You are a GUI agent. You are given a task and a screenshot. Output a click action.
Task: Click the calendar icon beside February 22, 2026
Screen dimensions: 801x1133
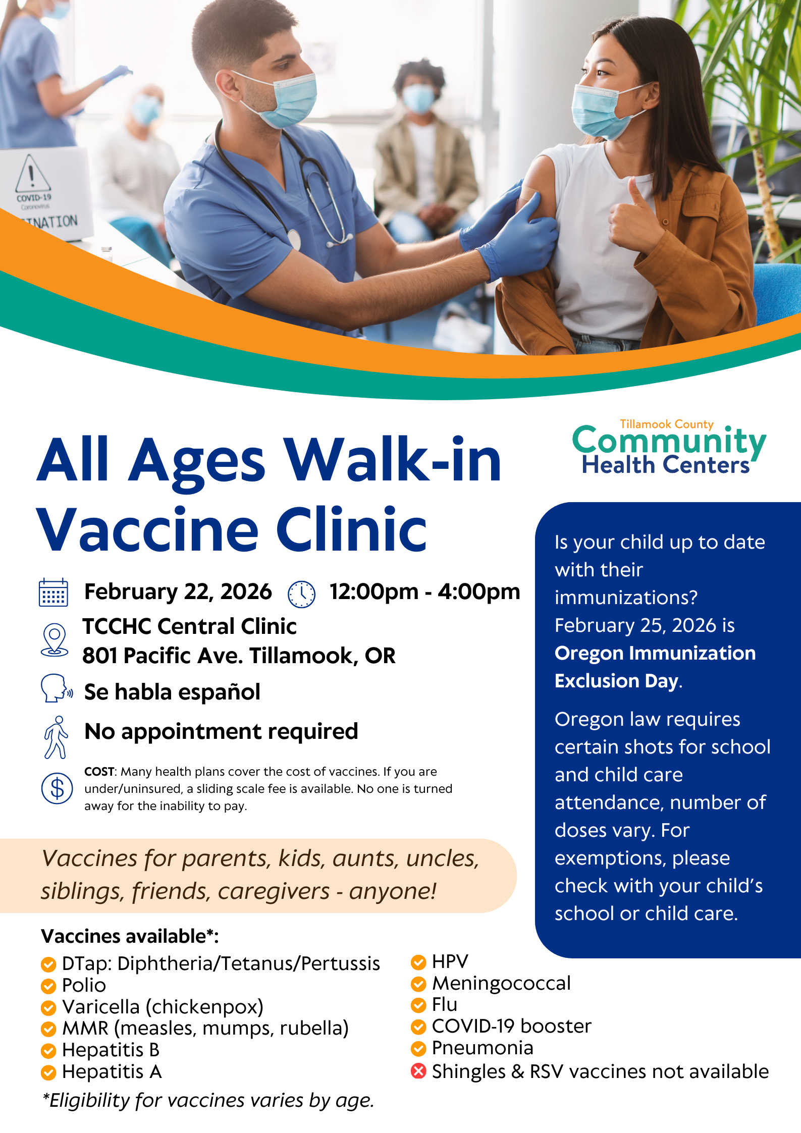pyautogui.click(x=54, y=592)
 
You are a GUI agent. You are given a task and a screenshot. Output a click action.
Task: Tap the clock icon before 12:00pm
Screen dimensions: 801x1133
pyautogui.click(x=301, y=594)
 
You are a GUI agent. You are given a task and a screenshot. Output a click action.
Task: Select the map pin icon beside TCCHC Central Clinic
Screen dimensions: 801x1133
pyautogui.click(x=55, y=640)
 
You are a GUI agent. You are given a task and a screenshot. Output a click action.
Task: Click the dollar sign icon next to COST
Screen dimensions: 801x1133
pyautogui.click(x=57, y=788)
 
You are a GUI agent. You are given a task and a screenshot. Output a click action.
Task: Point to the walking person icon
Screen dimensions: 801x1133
pyautogui.click(x=56, y=737)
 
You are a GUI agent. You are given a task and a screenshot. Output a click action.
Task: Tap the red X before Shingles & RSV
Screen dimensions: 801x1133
pyautogui.click(x=418, y=1070)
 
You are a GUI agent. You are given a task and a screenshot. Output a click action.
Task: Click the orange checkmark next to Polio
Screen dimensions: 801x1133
pyautogui.click(x=48, y=986)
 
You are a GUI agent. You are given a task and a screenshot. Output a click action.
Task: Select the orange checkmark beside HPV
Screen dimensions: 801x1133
pyautogui.click(x=418, y=962)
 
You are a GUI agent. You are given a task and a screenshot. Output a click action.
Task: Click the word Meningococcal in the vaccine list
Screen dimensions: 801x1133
pyautogui.click(x=501, y=984)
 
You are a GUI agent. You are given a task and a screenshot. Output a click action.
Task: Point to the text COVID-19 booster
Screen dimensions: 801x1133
pyautogui.click(x=512, y=1026)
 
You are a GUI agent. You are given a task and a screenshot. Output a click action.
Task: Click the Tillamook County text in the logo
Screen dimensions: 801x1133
pyautogui.click(x=667, y=424)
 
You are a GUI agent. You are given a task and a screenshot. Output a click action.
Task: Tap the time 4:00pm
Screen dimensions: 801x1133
pyautogui.click(x=479, y=591)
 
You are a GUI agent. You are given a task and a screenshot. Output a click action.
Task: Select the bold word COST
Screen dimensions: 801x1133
pyautogui.click(x=100, y=772)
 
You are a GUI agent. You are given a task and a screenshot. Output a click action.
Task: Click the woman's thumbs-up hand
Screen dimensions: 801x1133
pyautogui.click(x=634, y=216)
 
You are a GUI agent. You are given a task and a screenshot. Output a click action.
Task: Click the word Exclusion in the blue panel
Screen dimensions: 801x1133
pyautogui.click(x=597, y=681)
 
